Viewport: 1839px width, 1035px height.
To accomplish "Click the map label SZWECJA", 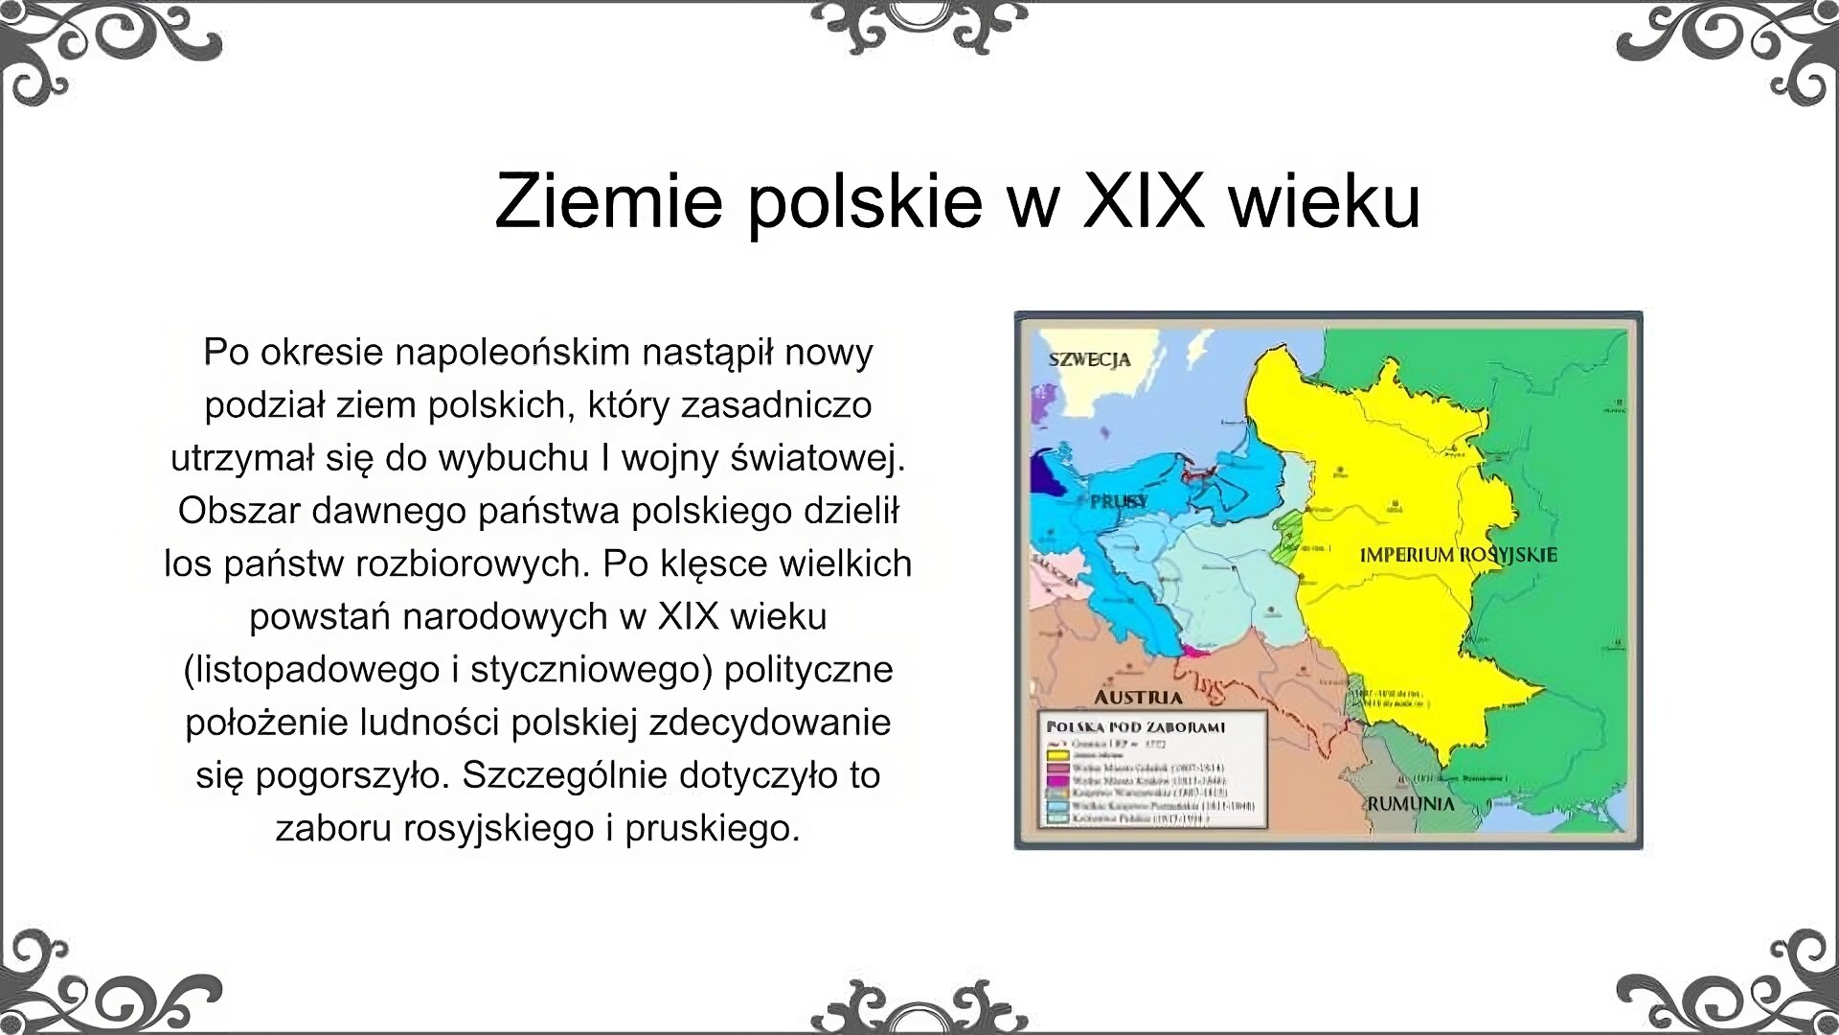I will coord(1089,360).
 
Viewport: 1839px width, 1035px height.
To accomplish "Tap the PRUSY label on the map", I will coord(1118,501).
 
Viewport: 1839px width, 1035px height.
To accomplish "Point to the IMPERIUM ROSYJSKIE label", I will coord(1459,555).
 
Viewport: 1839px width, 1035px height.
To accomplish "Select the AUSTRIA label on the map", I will coord(1138,697).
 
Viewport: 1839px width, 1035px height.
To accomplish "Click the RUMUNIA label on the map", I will coord(1410,804).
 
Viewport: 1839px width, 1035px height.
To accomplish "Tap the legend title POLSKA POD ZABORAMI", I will coord(1136,727).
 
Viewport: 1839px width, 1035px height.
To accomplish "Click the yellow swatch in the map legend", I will coord(1057,755).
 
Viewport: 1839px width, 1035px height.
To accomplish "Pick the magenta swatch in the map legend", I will coord(1057,781).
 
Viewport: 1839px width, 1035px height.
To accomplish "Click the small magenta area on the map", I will coord(1193,651).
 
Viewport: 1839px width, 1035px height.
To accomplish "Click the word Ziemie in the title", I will coord(608,201).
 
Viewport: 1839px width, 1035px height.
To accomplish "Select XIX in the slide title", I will coord(1143,201).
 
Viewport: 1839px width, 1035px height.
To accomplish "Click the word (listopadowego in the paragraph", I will coord(311,670).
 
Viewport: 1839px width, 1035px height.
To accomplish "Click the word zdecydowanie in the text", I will coord(770,723).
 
